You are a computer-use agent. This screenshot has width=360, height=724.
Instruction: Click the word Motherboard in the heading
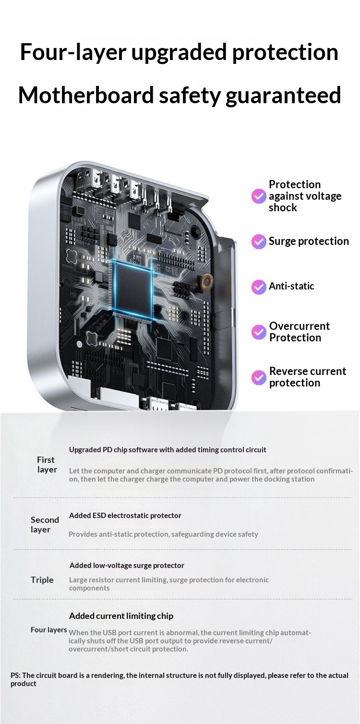tap(86, 95)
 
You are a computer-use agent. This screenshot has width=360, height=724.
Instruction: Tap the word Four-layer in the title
tap(73, 52)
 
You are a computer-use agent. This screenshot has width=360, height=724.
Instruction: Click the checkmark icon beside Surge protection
tap(259, 241)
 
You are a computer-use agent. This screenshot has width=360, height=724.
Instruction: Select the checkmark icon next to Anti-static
tap(259, 287)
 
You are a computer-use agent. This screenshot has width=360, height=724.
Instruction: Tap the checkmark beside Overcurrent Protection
tap(259, 332)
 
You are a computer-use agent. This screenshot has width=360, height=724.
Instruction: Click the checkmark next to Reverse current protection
tap(259, 377)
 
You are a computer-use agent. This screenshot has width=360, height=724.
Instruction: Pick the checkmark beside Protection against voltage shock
tap(259, 196)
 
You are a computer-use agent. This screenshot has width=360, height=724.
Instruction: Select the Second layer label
tap(45, 525)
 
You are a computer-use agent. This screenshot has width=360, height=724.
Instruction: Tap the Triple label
tap(42, 580)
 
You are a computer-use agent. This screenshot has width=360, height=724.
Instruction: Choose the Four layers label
tap(49, 629)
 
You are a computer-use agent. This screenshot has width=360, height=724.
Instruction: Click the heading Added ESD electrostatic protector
tap(125, 516)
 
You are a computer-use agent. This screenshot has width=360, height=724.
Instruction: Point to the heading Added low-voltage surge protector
tap(127, 565)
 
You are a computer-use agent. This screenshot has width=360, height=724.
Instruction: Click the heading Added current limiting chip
tap(121, 616)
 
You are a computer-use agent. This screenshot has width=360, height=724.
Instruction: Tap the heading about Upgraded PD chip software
tap(168, 450)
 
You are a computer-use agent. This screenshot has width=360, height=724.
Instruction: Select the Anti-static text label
tap(291, 286)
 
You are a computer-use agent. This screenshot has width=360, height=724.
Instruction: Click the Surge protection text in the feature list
tap(309, 241)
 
